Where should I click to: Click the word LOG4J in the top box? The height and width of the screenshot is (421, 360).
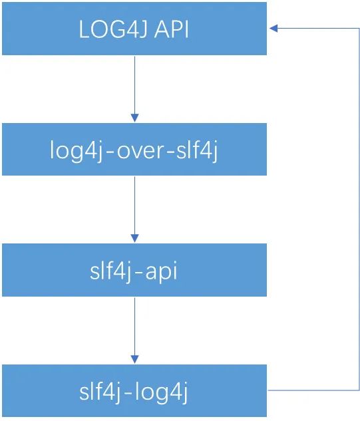[113, 29]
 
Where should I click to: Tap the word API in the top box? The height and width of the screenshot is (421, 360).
[172, 29]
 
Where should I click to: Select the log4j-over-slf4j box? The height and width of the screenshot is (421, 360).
[134, 149]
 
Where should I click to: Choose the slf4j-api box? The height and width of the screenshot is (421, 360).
[134, 270]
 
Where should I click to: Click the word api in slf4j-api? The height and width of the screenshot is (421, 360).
[161, 272]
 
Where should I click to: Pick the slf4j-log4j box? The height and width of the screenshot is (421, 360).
[134, 390]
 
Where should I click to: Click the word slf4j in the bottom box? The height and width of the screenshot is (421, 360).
[99, 392]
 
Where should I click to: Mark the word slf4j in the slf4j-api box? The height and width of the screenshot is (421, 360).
[110, 271]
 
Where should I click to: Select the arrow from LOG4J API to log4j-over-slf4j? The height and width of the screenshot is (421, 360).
[134, 89]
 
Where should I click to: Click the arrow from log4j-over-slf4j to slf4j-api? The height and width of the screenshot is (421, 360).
[134, 210]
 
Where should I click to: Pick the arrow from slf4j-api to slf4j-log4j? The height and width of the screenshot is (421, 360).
[134, 331]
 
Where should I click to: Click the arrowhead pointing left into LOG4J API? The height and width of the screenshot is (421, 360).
[273, 28]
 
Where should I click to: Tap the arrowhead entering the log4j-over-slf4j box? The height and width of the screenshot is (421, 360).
[134, 118]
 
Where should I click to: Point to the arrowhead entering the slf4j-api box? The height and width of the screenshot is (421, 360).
[134, 239]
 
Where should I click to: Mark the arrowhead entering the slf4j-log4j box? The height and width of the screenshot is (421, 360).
[134, 360]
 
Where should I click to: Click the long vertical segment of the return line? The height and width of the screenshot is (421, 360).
[359, 209]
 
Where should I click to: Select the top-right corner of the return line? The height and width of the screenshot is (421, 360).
[359, 28]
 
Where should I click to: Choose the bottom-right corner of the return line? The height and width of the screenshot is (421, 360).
[359, 390]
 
